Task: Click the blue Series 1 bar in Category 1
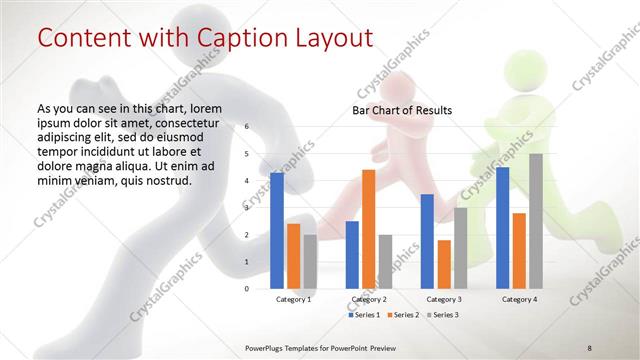[276, 230]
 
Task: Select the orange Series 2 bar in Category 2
[368, 229]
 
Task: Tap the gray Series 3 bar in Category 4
[535, 221]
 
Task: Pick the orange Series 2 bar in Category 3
[443, 264]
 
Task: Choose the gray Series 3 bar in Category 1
[310, 261]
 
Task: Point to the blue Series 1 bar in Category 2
[352, 254]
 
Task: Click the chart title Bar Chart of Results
[402, 110]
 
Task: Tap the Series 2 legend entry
[402, 315]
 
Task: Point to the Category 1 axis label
[293, 299]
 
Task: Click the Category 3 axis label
[443, 299]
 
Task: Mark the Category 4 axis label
[518, 299]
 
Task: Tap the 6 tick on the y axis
[246, 127]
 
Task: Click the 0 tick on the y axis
[246, 288]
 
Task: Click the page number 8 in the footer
[590, 346]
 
